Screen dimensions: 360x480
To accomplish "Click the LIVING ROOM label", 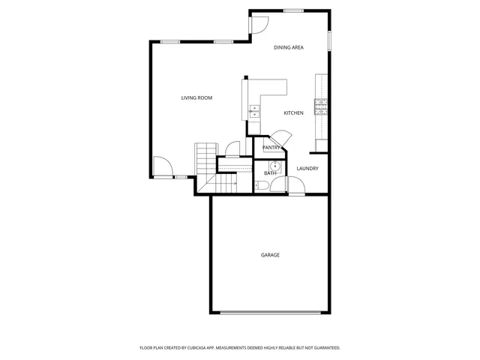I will pos(196,97).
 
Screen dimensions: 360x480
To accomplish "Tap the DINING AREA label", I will pos(288,47).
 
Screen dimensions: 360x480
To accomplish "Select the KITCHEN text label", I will pos(293,113).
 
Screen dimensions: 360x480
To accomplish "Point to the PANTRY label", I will pos(271,148).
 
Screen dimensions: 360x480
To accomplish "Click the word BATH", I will pos(269,173).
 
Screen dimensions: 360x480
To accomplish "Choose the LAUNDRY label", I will pos(307,169).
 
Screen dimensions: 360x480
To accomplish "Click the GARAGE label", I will pos(270,255).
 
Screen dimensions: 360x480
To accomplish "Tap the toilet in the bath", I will pos(260,185).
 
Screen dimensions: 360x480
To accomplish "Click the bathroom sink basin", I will pos(274,166).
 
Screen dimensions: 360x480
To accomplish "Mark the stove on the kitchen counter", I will pos(322,106).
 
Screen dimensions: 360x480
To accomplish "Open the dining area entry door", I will pos(259,24).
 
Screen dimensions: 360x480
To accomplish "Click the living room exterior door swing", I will pos(162,166).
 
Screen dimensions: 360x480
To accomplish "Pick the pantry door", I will pos(280,139).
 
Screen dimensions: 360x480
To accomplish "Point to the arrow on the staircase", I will pos(228,182).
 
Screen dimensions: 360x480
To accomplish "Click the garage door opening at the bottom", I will pos(270,312).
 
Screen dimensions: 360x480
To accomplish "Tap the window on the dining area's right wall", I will pos(328,41).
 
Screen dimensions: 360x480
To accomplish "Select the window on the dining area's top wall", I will pos(293,10).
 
